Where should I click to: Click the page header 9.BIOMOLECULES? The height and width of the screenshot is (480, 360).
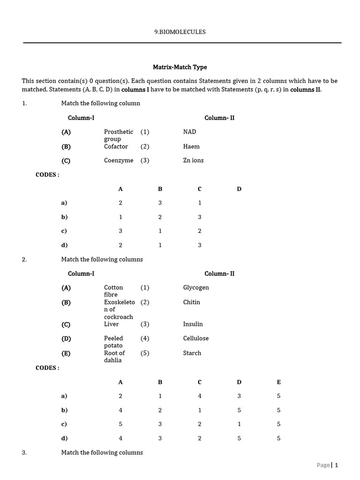pos(180,32)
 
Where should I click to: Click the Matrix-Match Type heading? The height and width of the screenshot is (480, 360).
pos(180,67)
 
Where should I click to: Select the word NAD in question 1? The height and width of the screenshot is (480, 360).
pos(189,132)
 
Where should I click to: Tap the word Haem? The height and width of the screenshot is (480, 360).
pos(191,146)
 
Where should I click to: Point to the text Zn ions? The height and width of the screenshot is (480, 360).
pos(193,160)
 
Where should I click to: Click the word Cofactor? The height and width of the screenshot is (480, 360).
pos(116,146)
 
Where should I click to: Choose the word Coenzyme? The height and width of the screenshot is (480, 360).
pos(119,160)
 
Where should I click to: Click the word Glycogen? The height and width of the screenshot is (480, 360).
pos(196,287)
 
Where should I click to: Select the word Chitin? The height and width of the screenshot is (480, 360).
pos(191,302)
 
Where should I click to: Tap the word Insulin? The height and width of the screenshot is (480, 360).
pos(193,324)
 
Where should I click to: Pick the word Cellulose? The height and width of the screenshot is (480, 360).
pos(196,338)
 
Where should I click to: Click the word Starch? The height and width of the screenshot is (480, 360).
pos(192,353)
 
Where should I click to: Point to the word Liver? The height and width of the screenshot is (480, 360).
pos(112,324)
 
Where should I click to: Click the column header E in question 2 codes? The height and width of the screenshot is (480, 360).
pos(278,382)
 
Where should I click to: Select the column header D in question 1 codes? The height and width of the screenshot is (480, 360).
pos(239,189)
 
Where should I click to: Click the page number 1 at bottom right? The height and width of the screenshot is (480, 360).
pos(336,465)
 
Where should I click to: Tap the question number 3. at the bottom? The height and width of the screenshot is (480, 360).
pos(24,452)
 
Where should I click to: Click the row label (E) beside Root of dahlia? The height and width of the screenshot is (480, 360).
pos(66,353)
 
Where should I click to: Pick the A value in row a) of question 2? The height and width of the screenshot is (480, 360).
pos(120,396)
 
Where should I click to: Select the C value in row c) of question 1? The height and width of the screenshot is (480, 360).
pos(200,231)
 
